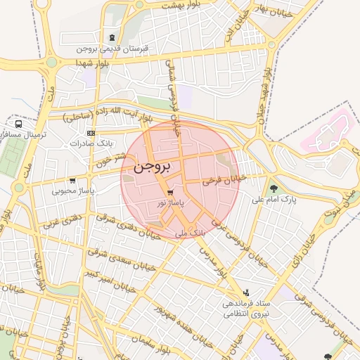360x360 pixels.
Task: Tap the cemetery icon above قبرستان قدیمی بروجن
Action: point(112,37)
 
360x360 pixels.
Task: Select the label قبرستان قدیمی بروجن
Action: point(112,49)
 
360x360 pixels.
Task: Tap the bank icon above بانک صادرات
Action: point(91,133)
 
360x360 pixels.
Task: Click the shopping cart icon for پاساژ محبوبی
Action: point(73,180)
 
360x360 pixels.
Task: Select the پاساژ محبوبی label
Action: point(73,191)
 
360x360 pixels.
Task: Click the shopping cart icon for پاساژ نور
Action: point(170,192)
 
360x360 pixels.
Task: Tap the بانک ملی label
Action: point(191,231)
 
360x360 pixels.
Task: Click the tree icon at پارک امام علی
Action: point(274,188)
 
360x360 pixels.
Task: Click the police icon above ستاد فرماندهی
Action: point(245,292)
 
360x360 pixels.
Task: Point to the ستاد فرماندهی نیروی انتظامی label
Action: point(245,309)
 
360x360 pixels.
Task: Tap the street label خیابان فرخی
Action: point(225,181)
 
